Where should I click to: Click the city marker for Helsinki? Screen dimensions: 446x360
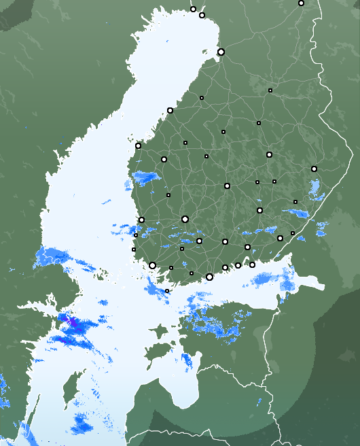pyautogui.click(x=209, y=277)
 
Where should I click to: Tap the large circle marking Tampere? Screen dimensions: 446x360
pyautogui.click(x=185, y=219)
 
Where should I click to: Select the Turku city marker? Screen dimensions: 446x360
pyautogui.click(x=152, y=266)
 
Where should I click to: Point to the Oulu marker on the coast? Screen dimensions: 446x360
pyautogui.click(x=221, y=52)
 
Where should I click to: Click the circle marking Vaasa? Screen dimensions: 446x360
pyautogui.click(x=138, y=145)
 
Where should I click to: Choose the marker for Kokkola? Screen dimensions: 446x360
pyautogui.click(x=170, y=110)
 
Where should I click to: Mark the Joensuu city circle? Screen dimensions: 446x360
pyautogui.click(x=314, y=169)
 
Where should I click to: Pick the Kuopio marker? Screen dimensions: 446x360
pyautogui.click(x=269, y=154)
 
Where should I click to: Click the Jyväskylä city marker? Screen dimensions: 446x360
pyautogui.click(x=227, y=186)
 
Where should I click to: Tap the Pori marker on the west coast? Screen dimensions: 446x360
pyautogui.click(x=141, y=220)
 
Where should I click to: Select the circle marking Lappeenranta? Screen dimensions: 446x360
pyautogui.click(x=280, y=238)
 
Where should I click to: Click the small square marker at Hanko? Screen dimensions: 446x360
pyautogui.click(x=167, y=291)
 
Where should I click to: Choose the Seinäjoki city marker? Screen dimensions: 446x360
pyautogui.click(x=164, y=159)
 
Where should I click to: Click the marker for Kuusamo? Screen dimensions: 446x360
pyautogui.click(x=301, y=3)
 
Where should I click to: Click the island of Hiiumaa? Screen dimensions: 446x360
pyautogui.click(x=159, y=332)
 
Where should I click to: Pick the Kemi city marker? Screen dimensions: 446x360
pyautogui.click(x=202, y=15)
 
